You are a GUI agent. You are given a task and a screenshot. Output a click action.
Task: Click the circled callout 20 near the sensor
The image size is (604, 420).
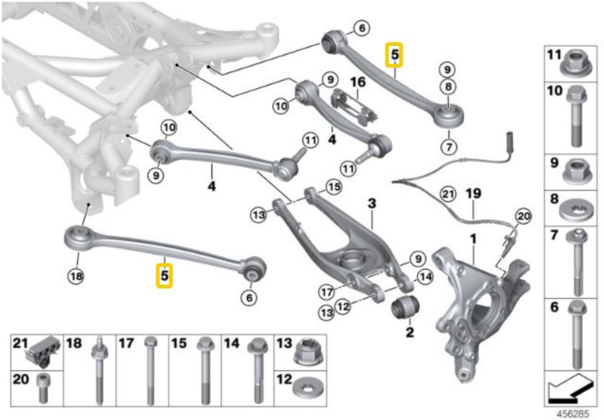point(523,217)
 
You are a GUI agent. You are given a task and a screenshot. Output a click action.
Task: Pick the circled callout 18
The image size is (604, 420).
point(76,276)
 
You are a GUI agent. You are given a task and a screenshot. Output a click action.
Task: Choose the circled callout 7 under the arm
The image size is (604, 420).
point(449,148)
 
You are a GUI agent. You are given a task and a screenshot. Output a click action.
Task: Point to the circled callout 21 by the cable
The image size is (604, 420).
point(448,194)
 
